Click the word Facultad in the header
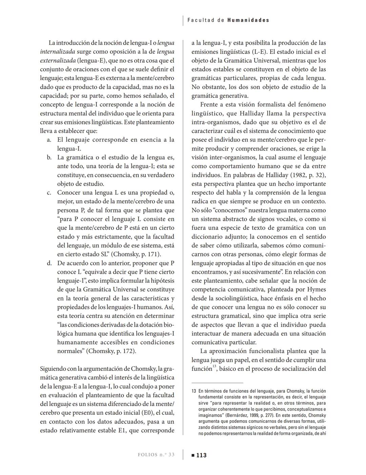click(201, 20)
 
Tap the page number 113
click(201, 455)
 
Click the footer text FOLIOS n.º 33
click(156, 455)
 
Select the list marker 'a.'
click(49, 140)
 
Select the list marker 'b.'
click(49, 158)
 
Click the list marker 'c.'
click(49, 193)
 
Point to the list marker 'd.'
click(49, 263)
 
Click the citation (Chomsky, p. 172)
click(112, 351)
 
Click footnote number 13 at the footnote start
click(194, 391)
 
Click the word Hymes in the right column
click(316, 290)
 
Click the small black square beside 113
click(193, 455)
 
